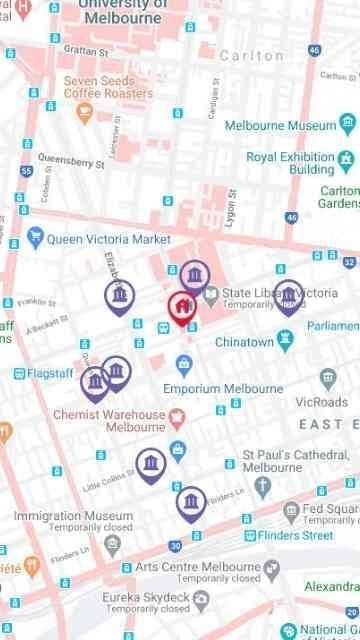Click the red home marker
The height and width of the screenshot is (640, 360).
pos(180,307)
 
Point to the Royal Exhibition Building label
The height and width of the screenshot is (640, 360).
pos(290,163)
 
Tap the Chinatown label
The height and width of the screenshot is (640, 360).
pos(245,342)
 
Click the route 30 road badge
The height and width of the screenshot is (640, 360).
pos(175,545)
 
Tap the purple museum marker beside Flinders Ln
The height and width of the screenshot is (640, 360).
pos(190,502)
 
